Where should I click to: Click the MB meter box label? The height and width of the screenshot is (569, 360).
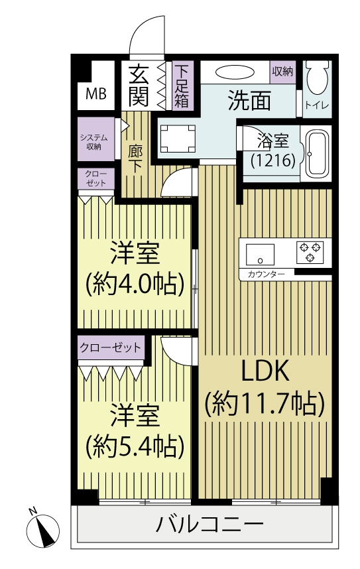96,94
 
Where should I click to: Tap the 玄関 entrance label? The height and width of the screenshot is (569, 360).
139,86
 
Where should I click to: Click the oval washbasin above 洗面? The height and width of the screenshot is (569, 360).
235,72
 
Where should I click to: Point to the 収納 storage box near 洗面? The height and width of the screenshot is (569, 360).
282,72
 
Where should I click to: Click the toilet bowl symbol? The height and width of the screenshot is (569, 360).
317,79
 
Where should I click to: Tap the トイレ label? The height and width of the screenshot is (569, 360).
317,105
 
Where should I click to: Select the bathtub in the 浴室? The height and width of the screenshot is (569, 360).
317,153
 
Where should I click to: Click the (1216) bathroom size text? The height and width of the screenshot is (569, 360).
274,160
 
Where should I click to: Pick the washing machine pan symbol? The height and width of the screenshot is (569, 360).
178,139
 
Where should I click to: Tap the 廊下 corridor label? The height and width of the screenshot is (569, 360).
135,159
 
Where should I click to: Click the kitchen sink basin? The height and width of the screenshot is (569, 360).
260,255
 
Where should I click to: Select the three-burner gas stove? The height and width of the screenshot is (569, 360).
310,251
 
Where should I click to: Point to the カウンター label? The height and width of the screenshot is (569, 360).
266,275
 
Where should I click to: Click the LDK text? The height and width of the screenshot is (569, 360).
265,371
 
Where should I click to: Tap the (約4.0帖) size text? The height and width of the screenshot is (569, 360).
135,284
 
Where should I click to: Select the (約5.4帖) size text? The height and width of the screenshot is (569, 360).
135,447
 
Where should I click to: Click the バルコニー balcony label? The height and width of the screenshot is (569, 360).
210,524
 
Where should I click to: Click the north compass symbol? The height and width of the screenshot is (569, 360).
44,531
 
